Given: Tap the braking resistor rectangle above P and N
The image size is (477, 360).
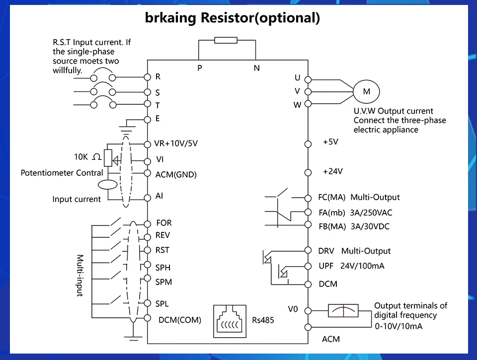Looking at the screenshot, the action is point(226,40).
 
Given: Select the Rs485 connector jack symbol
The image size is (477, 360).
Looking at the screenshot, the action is point(230,321).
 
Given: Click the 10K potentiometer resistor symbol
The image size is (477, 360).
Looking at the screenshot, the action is point(108,158).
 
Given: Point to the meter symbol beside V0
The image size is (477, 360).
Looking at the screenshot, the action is point(343,311).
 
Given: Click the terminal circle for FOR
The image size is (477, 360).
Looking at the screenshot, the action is point(148,224).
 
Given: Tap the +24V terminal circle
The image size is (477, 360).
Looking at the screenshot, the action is point(308,173).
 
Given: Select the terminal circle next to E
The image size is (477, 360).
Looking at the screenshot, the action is point(148,120).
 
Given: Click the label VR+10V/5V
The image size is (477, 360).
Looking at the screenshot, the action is point(176,144).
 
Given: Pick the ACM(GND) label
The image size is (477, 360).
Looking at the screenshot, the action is point(176,174).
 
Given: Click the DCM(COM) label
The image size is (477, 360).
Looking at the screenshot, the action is point(180,320).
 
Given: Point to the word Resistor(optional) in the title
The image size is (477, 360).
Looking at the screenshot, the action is point(260,18).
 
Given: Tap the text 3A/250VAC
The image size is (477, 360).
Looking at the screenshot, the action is point(371,213).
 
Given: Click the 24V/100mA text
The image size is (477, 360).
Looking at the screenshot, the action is point(362,266).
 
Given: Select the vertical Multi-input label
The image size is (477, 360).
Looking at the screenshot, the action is point(79,276).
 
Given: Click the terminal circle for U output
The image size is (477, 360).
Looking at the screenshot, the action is point(308,79).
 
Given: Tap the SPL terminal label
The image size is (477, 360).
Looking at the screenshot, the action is point(162,304).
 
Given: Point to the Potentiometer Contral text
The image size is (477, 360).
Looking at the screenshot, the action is point(62,173).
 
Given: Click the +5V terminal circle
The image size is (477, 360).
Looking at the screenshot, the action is point(308,144).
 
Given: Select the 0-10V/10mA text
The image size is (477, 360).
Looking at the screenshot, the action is point(398,326).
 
